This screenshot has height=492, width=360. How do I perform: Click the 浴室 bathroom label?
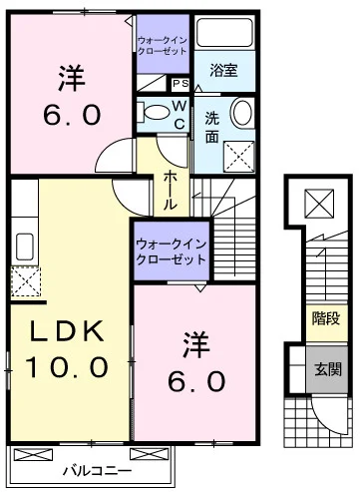(223, 71)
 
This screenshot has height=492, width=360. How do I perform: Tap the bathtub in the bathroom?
(224, 32)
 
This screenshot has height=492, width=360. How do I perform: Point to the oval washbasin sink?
(241, 113)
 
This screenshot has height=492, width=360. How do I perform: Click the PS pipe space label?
(180, 84)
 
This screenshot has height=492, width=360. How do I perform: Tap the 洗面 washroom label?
(212, 128)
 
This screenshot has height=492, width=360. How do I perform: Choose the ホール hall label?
(170, 190)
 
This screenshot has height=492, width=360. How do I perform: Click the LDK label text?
(67, 331)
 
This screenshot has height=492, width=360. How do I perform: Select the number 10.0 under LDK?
(67, 366)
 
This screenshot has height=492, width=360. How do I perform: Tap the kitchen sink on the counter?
(24, 246)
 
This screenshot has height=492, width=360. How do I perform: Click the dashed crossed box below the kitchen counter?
(26, 281)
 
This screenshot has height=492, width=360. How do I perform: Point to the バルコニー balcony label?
(97, 471)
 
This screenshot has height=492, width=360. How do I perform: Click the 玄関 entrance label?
(328, 369)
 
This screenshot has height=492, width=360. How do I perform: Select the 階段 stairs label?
(326, 318)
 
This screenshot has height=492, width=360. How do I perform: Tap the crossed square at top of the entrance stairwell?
(319, 204)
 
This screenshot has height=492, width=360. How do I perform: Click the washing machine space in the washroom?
(239, 157)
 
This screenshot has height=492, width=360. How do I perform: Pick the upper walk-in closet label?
(163, 46)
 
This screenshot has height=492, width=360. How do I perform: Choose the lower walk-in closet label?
(172, 252)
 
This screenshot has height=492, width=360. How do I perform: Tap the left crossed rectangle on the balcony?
(34, 455)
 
